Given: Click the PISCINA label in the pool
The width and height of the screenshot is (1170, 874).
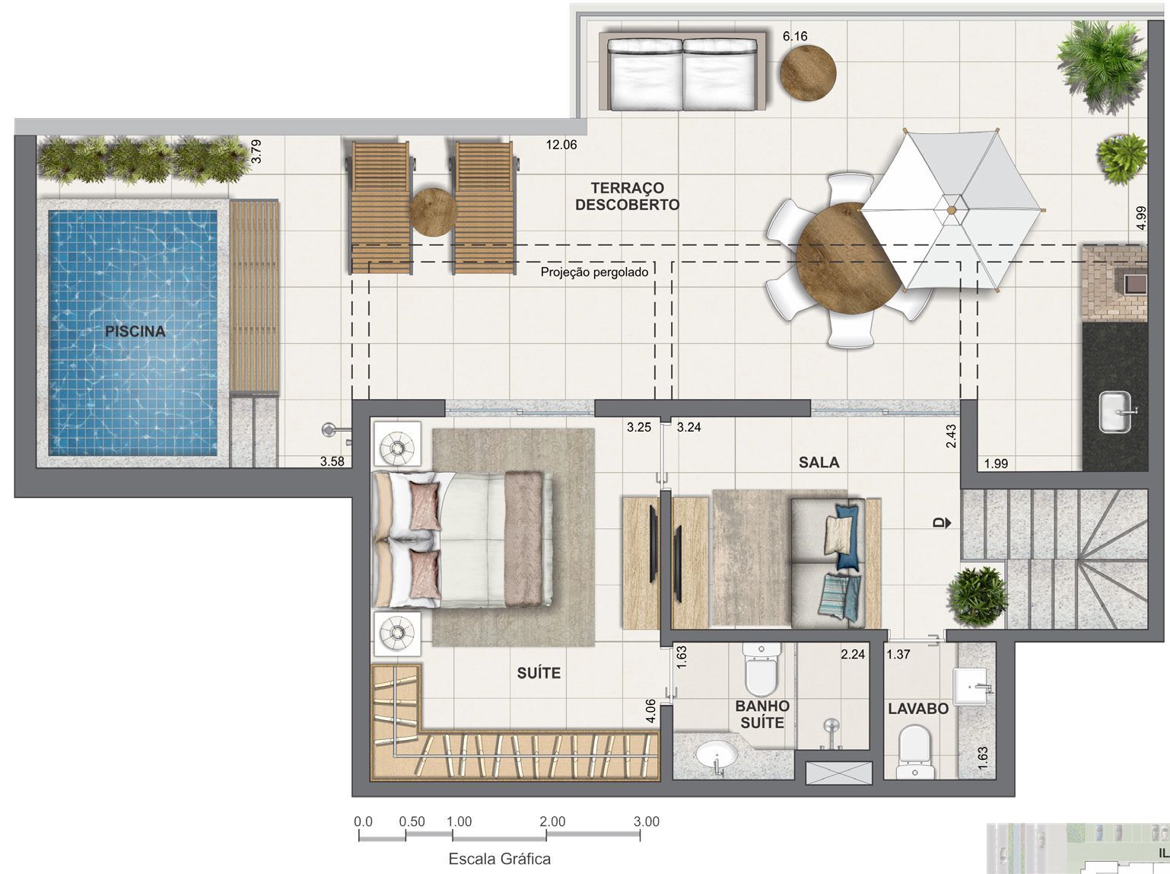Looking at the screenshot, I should pos(135,331).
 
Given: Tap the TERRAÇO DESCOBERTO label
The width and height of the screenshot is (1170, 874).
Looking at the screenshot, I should pos(627,196).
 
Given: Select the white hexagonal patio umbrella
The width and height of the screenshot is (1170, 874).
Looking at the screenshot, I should pos(950,209).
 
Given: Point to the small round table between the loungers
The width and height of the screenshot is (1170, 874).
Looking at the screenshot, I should pos(432,212).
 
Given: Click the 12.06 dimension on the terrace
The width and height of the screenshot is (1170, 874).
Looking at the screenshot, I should pos(561,145).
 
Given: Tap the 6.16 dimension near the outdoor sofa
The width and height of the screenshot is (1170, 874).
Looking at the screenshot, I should pos(795,36).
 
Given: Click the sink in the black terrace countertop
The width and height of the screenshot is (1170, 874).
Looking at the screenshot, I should pos(1117,412).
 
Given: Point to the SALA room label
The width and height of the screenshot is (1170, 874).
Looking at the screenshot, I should pos(819,462).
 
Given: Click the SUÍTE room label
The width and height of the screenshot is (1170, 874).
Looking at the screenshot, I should pos(539,673).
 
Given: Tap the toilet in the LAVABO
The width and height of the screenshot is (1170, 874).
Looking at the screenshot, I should pos(913,749).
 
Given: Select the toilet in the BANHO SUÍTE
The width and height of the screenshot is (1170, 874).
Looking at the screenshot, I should pos(761,666).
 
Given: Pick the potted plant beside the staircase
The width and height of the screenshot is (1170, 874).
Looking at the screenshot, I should pos(978,595).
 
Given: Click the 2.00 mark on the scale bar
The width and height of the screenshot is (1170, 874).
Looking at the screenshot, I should pos(552,821).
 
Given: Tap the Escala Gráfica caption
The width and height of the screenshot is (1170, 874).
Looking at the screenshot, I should pos(499,859).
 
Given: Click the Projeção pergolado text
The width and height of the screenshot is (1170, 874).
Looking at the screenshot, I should pos(594,272).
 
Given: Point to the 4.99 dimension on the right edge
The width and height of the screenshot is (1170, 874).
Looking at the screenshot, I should pos(1140,218).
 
